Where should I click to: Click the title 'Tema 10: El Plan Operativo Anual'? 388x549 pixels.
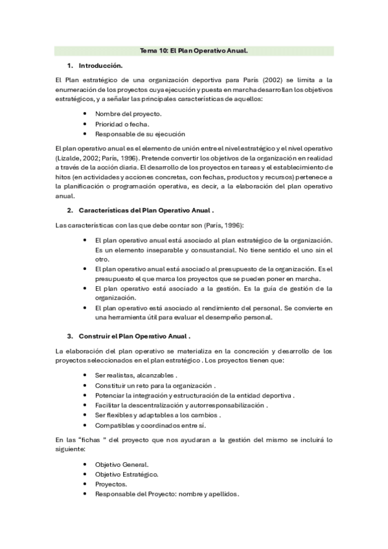click(x=194, y=50)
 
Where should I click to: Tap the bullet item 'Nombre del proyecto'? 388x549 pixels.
click(x=128, y=114)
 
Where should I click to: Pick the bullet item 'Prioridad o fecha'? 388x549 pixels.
click(x=122, y=124)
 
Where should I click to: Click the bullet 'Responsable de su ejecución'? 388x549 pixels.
click(x=140, y=134)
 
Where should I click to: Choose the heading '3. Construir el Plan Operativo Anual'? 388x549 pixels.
click(x=133, y=336)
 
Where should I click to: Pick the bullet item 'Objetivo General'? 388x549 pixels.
click(x=122, y=464)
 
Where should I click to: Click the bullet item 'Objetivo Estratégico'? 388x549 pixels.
click(x=127, y=474)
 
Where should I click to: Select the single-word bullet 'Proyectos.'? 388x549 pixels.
click(x=111, y=484)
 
